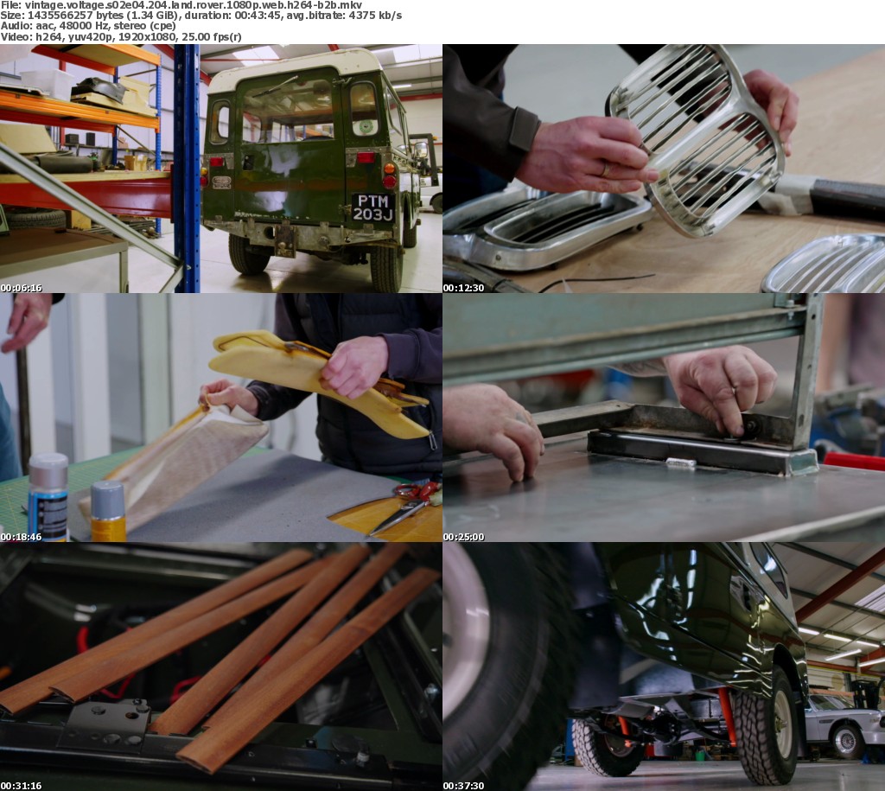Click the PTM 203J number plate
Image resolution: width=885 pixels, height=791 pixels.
coord(372,207)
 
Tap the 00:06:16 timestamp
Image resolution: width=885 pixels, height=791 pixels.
coord(22,288)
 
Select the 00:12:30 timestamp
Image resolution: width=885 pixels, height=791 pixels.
coord(463,288)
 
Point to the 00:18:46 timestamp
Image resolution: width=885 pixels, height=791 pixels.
coord(22,537)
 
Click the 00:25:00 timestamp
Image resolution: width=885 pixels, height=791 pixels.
coord(463,537)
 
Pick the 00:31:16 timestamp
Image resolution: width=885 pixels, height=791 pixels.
coord(22,785)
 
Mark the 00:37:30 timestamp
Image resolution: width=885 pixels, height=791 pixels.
coord(463,785)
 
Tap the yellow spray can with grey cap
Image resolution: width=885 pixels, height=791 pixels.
coord(108,511)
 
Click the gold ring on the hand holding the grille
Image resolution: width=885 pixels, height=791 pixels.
coord(604,169)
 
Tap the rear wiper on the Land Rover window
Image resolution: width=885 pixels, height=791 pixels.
coord(275,86)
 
